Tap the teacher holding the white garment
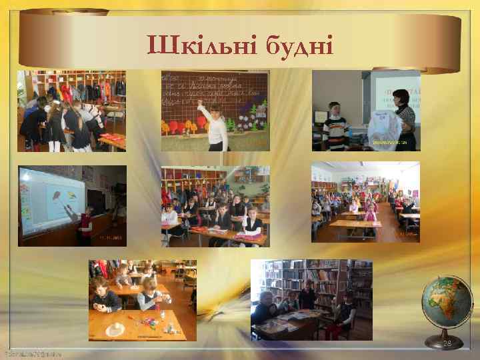[404, 117]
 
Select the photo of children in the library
[311, 301]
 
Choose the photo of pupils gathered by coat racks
[71, 111]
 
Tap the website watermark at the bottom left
[31, 353]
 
